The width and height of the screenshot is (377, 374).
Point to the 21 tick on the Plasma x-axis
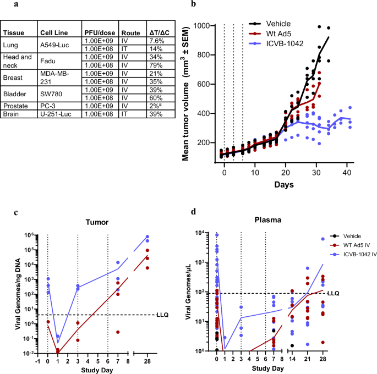(x=307, y=359)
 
